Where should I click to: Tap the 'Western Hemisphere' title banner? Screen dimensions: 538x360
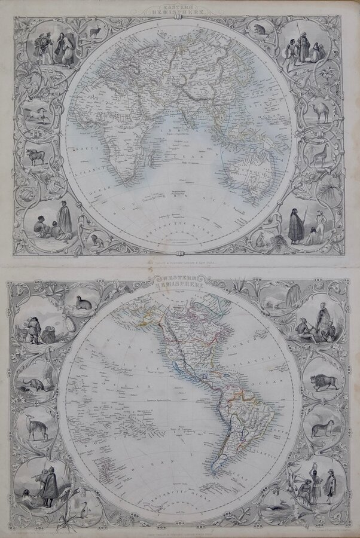(x=180, y=281)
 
